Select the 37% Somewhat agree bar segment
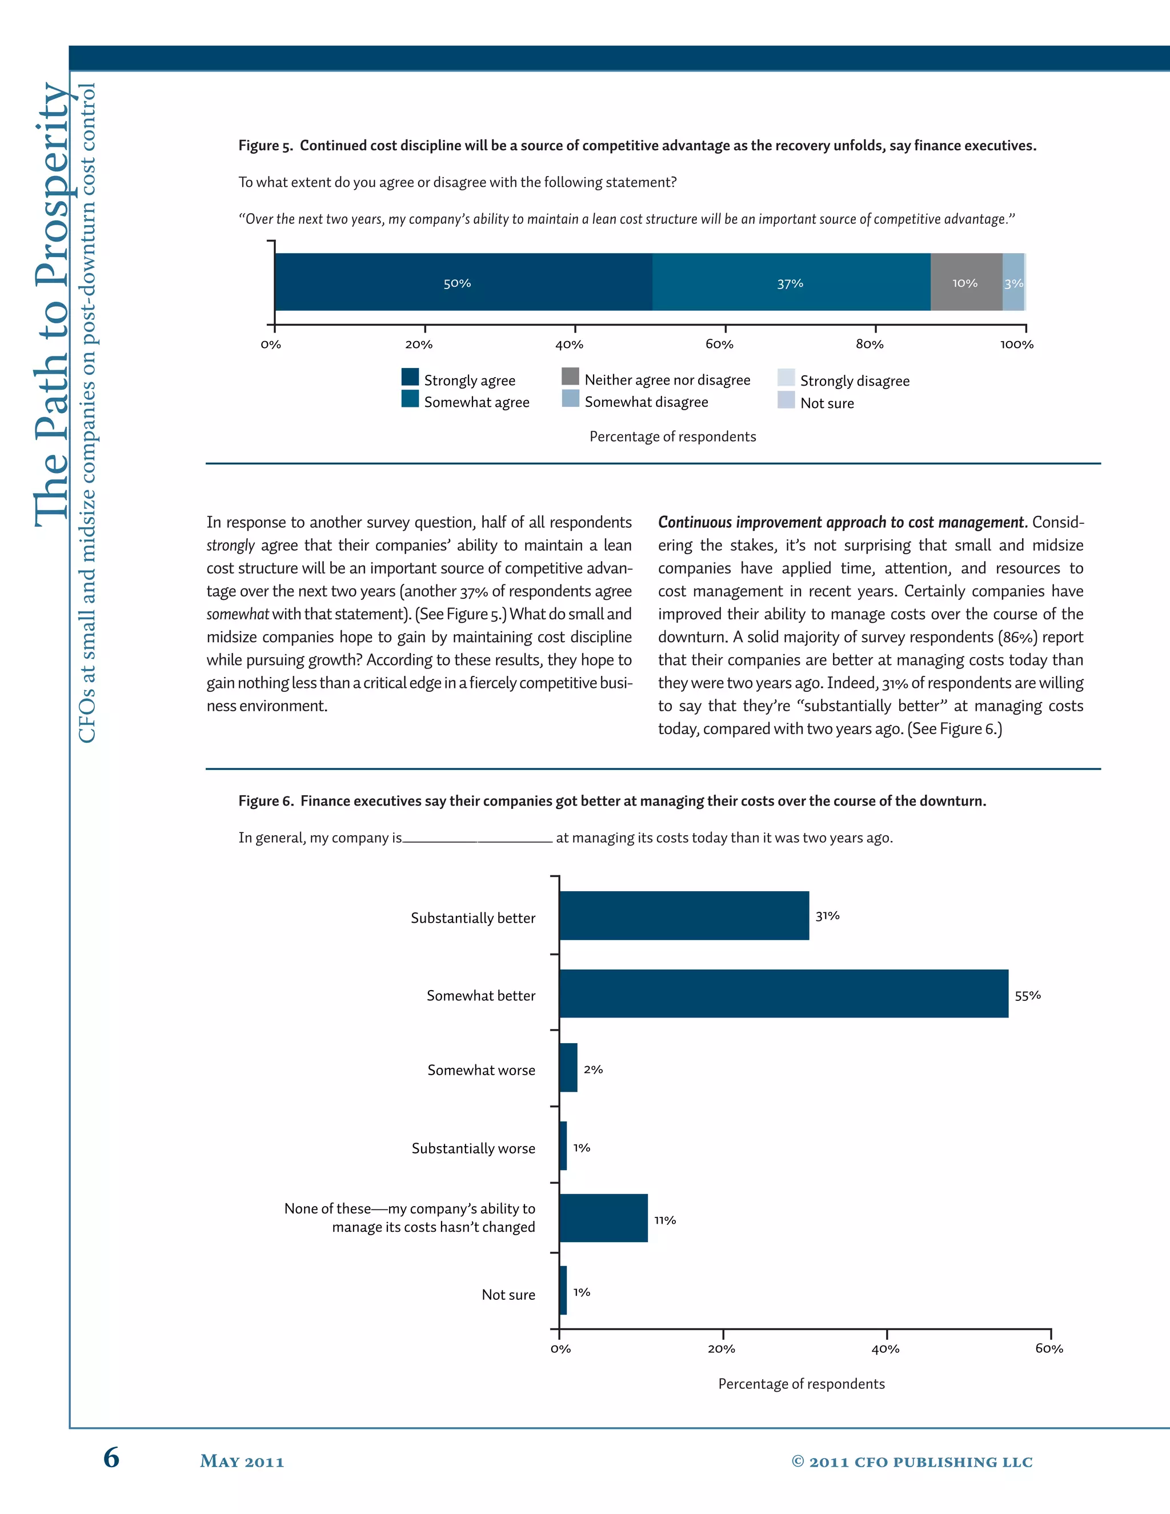click(x=790, y=282)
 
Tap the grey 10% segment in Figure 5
click(x=965, y=282)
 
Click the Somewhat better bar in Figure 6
click(x=783, y=994)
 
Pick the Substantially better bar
click(x=683, y=915)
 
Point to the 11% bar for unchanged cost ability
click(x=603, y=1218)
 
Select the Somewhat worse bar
click(x=568, y=1068)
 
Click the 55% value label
click(x=1027, y=995)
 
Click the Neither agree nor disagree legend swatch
click(x=570, y=377)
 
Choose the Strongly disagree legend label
click(x=855, y=380)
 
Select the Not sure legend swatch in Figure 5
click(x=786, y=400)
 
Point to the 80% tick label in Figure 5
click(x=869, y=345)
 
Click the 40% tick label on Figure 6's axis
click(x=885, y=1349)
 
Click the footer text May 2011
click(x=242, y=1461)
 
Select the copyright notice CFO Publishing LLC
click(x=912, y=1462)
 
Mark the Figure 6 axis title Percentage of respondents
click(x=802, y=1384)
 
